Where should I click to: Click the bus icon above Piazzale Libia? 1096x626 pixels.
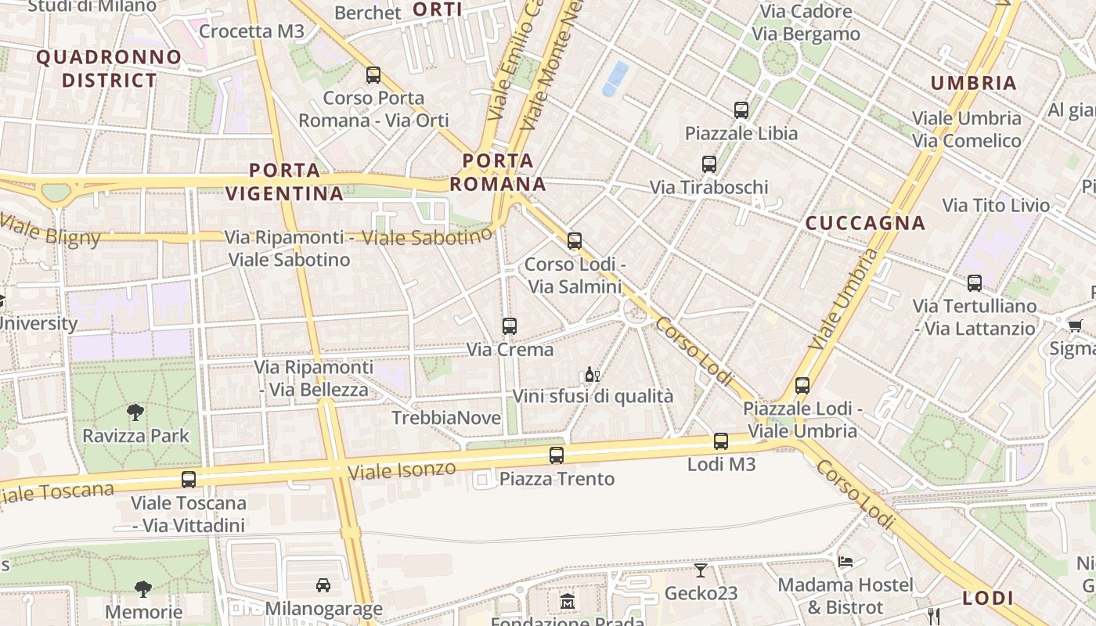[x=741, y=110]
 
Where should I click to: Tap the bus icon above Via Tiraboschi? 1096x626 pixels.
[x=709, y=164]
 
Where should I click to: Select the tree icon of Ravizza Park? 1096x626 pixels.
[x=135, y=412]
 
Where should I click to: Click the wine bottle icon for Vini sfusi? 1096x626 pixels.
[x=592, y=375]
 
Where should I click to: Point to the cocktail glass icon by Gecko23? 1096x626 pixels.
[x=701, y=570]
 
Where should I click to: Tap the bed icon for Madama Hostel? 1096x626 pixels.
[x=845, y=562]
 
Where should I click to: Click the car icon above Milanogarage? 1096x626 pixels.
[x=323, y=585]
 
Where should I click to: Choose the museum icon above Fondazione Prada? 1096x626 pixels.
[x=568, y=602]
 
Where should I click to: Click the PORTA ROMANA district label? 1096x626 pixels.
[x=498, y=172]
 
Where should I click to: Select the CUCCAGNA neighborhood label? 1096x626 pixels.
[x=865, y=223]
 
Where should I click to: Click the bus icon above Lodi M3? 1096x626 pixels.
[x=721, y=441]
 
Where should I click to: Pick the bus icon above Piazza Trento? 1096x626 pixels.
[x=557, y=455]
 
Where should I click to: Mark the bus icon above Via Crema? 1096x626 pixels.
[x=510, y=326]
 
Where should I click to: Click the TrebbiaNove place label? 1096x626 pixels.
[x=446, y=418]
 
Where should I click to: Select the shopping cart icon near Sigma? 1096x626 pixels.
[x=1075, y=326]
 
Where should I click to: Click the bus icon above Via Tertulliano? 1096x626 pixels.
[x=975, y=283]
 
